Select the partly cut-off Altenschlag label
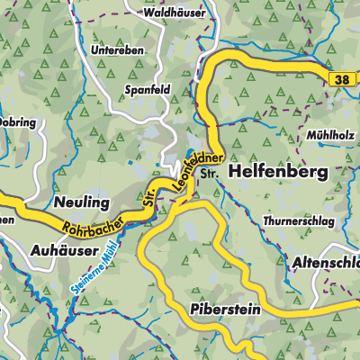pos(325,261)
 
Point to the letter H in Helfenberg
pos(236,169)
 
